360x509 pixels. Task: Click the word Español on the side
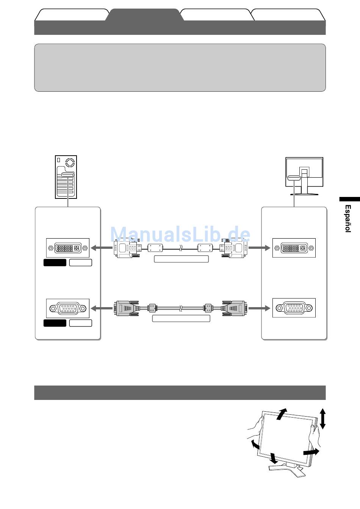click(x=347, y=218)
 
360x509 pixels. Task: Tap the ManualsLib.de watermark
click(x=180, y=235)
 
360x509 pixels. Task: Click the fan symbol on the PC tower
click(x=70, y=162)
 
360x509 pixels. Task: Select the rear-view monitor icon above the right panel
click(x=304, y=176)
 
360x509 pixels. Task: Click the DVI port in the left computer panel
click(x=68, y=248)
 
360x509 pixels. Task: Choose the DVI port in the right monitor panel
click(x=294, y=248)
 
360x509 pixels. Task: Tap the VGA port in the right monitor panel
click(x=294, y=308)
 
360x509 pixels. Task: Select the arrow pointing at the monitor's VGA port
click(x=259, y=308)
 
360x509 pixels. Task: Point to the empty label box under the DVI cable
click(x=181, y=259)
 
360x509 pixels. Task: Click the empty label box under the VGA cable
click(x=181, y=319)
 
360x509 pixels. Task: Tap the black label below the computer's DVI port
click(x=55, y=262)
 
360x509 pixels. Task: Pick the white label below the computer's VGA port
click(x=81, y=323)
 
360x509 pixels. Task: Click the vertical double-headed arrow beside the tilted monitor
click(x=322, y=418)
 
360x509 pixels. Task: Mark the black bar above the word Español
click(x=349, y=199)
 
